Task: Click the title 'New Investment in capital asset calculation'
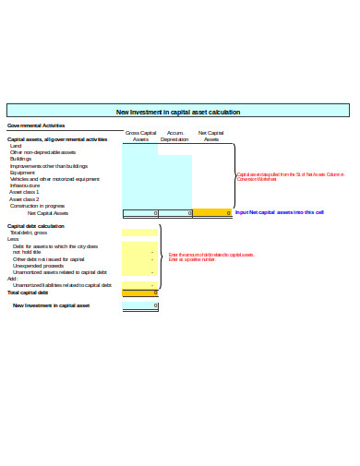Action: (177, 112)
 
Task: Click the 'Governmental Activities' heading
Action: (36, 125)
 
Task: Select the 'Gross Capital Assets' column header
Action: (140, 137)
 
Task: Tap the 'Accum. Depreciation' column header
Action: (174, 137)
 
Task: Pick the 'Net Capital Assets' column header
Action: (211, 137)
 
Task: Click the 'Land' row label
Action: (16, 146)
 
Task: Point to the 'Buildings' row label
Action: (20, 159)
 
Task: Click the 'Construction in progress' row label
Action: (37, 206)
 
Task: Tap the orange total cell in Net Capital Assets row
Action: (211, 213)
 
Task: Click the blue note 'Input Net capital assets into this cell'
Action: (279, 213)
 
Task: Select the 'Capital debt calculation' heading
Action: (36, 226)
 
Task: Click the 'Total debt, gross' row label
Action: (29, 233)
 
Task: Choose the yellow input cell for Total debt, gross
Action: (140, 233)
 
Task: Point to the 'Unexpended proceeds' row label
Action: (38, 267)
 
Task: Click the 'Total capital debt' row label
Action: (27, 293)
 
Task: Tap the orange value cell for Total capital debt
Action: (140, 293)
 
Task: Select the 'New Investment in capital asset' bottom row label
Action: (51, 305)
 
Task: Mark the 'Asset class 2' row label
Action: (24, 199)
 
